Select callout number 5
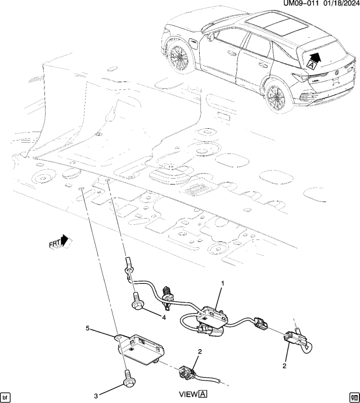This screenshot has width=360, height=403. click(x=87, y=327)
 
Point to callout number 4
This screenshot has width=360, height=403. click(x=164, y=318)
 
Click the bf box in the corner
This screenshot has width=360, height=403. click(x=6, y=396)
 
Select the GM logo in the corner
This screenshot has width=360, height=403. click(x=353, y=396)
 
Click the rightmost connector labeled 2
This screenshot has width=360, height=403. click(x=296, y=339)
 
